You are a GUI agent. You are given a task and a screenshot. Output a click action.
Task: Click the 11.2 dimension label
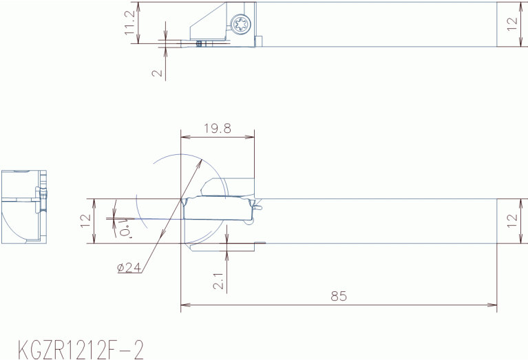(x=129, y=22)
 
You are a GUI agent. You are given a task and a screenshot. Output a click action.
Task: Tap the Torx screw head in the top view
(x=241, y=24)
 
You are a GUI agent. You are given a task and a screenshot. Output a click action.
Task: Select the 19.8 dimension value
(x=218, y=128)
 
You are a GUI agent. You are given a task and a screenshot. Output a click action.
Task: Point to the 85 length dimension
(x=339, y=296)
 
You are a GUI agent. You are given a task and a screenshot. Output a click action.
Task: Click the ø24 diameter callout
(x=129, y=268)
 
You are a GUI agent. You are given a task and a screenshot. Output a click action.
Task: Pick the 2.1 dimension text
(x=218, y=281)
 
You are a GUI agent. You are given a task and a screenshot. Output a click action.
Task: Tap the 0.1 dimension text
(x=125, y=228)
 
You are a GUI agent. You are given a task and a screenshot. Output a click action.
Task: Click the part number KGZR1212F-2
(x=81, y=350)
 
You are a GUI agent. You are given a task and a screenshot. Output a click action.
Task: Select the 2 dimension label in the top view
(x=157, y=73)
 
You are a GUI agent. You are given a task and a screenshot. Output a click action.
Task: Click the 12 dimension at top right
(x=512, y=24)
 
